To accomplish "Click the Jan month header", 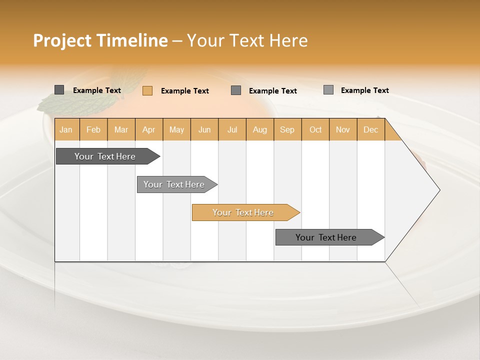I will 66,129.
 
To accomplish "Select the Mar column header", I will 121,129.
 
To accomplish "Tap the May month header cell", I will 176,129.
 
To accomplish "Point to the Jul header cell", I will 232,129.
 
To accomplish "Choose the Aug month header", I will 259,129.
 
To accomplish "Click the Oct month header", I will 315,129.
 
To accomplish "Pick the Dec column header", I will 370,129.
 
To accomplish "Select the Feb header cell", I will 93,129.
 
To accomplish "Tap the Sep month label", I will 287,129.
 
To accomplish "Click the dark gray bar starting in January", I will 105,156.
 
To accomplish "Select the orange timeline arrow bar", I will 243,212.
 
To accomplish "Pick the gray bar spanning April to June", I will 174,184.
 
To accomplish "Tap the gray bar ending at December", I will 326,237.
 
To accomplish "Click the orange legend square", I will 147,90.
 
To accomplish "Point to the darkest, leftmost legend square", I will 59,90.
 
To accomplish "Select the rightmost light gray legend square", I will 328,90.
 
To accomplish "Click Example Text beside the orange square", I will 184,91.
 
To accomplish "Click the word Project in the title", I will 62,40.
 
